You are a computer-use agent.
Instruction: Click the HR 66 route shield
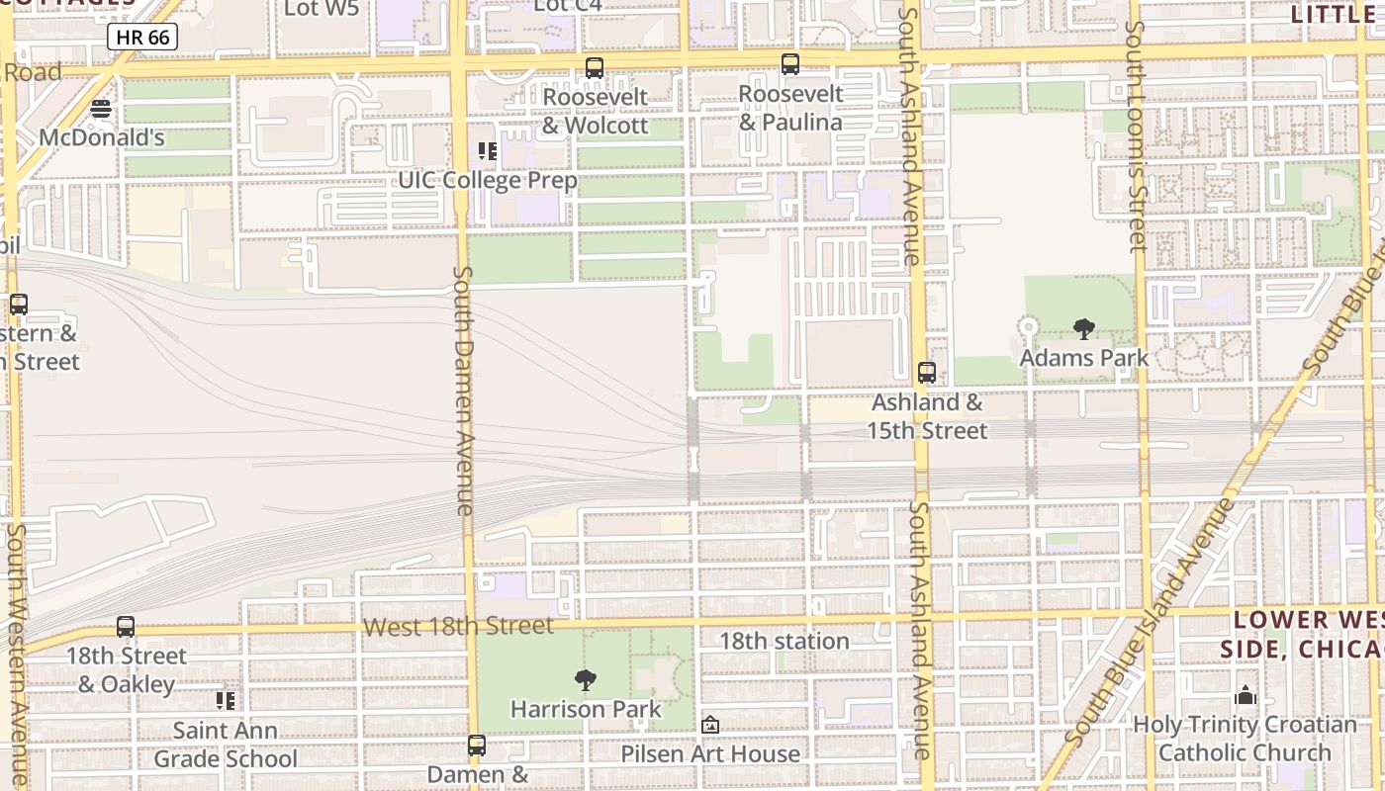(142, 38)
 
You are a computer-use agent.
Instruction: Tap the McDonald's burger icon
(101, 109)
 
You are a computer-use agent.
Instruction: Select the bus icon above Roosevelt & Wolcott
(594, 68)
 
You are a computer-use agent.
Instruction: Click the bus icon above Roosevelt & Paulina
(789, 65)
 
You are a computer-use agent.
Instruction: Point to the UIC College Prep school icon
(487, 151)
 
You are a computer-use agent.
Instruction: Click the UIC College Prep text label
(487, 181)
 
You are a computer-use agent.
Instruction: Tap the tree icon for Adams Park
(1083, 329)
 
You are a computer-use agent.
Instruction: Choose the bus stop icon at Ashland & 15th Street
(926, 373)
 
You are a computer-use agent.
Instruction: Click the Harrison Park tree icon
(586, 680)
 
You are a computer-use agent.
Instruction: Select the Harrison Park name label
(586, 709)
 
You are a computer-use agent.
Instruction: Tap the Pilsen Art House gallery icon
(709, 725)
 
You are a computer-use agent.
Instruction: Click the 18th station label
(784, 641)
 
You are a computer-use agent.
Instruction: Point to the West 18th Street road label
(458, 627)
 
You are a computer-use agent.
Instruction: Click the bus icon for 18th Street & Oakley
(126, 627)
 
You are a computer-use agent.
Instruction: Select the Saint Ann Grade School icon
(226, 701)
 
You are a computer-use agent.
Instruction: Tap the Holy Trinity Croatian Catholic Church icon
(1245, 696)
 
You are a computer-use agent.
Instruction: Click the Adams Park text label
(1084, 358)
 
